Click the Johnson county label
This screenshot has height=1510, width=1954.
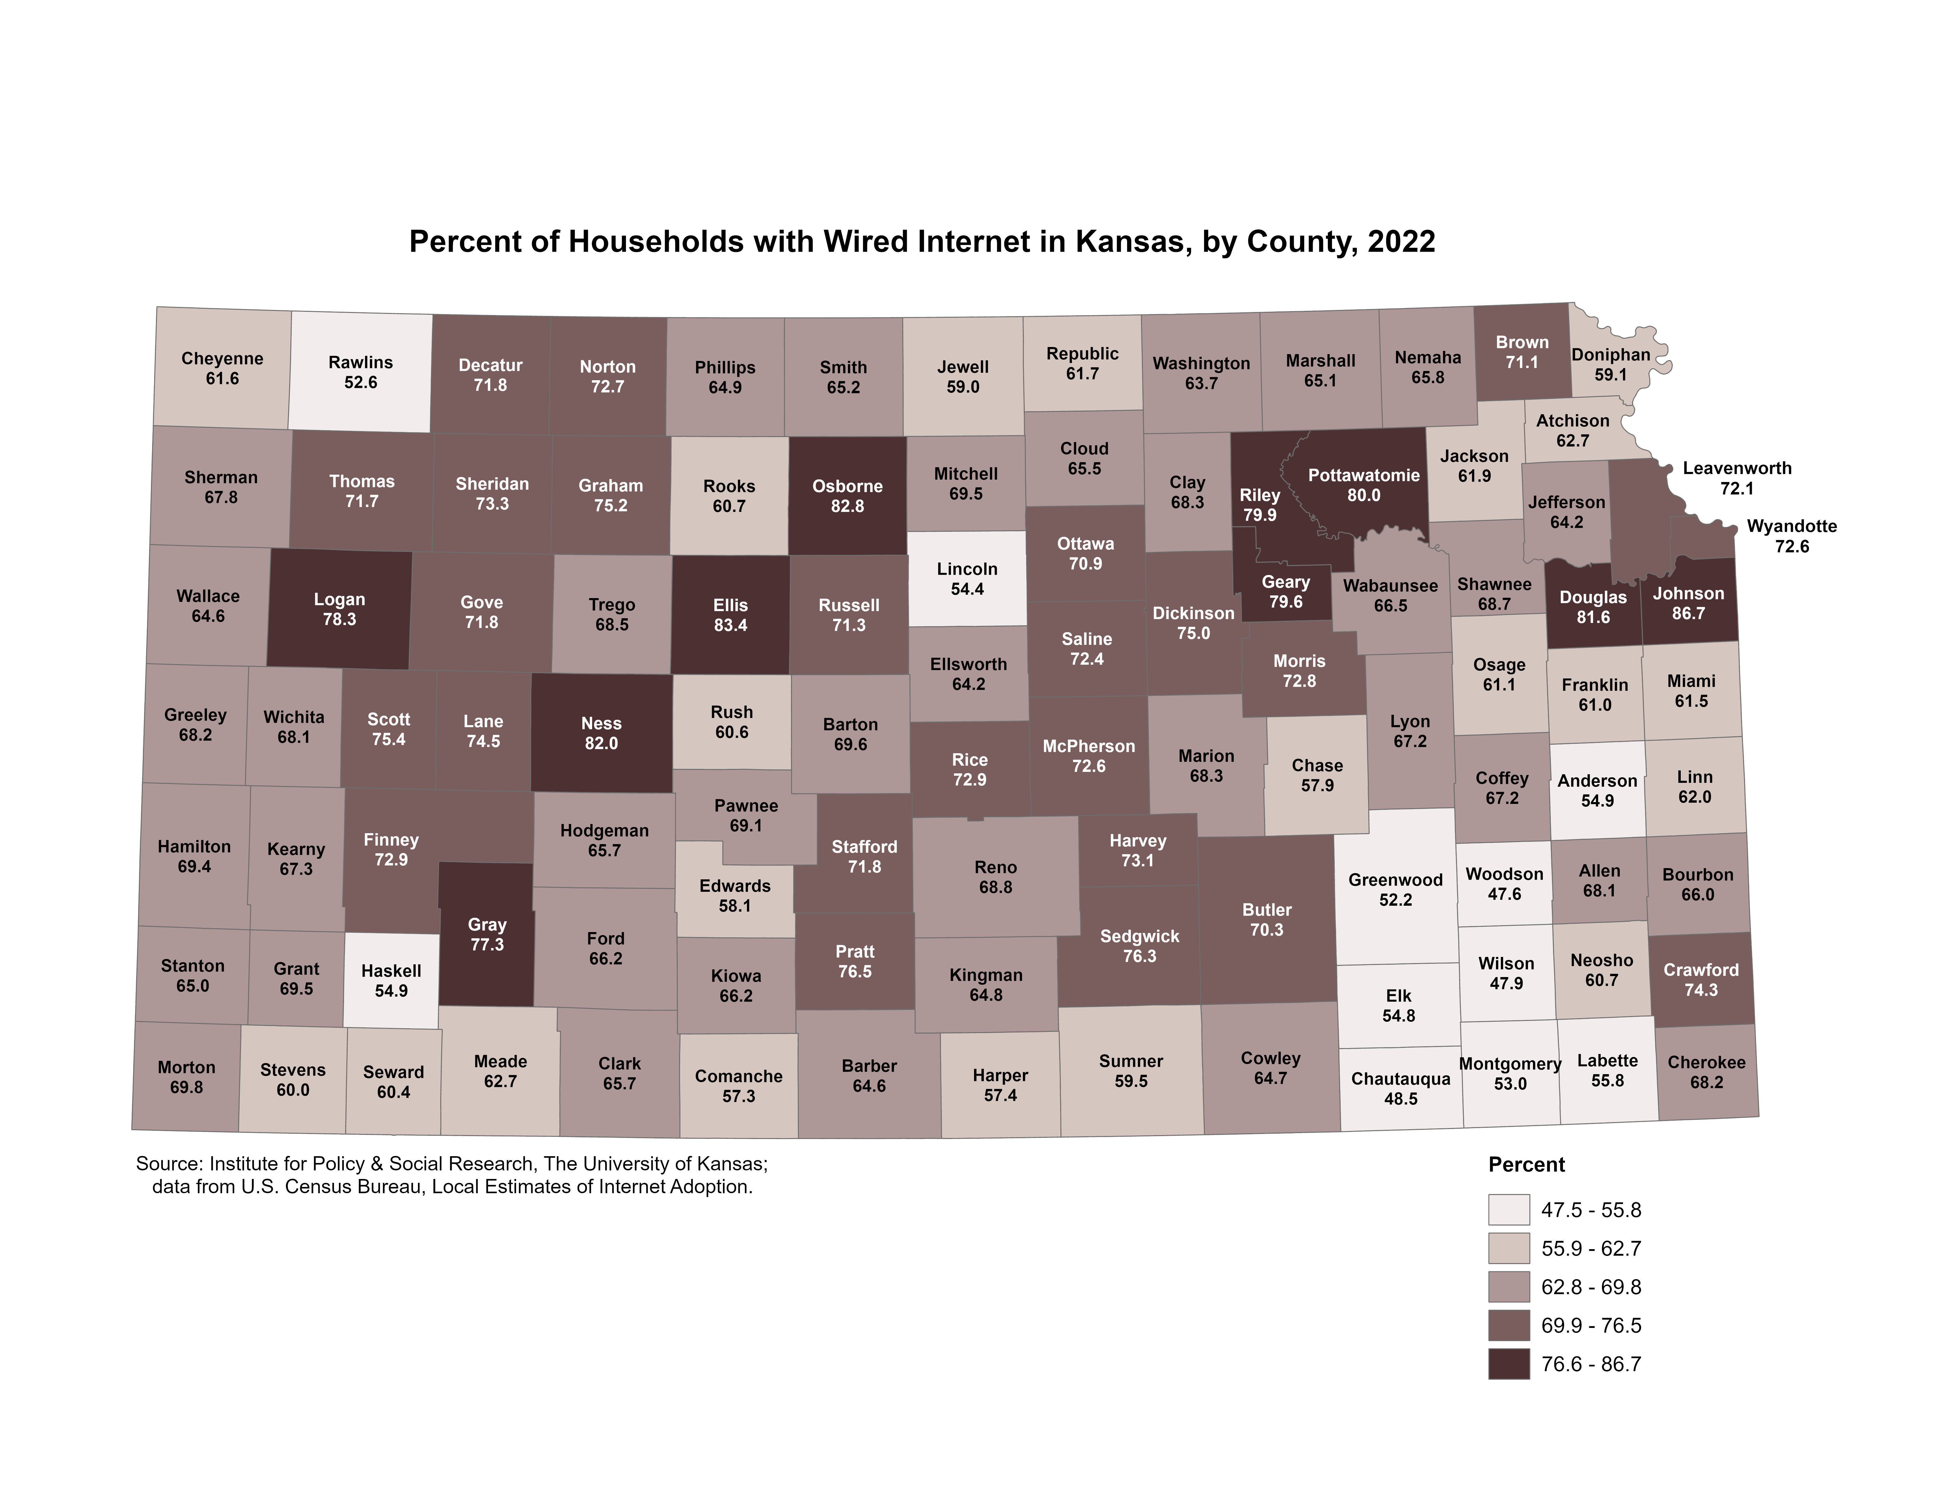click(1687, 593)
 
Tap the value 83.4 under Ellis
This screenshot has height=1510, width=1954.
click(730, 625)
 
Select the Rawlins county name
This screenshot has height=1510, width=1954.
click(361, 362)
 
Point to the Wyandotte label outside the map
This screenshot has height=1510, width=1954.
click(1791, 526)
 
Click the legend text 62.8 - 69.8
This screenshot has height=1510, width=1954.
click(1591, 1287)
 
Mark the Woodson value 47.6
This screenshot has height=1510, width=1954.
click(1504, 894)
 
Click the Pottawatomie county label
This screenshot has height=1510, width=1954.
click(1363, 475)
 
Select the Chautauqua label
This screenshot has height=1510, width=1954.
click(1400, 1079)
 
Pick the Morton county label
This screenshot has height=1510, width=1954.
click(186, 1067)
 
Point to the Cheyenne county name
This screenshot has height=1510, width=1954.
click(222, 359)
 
